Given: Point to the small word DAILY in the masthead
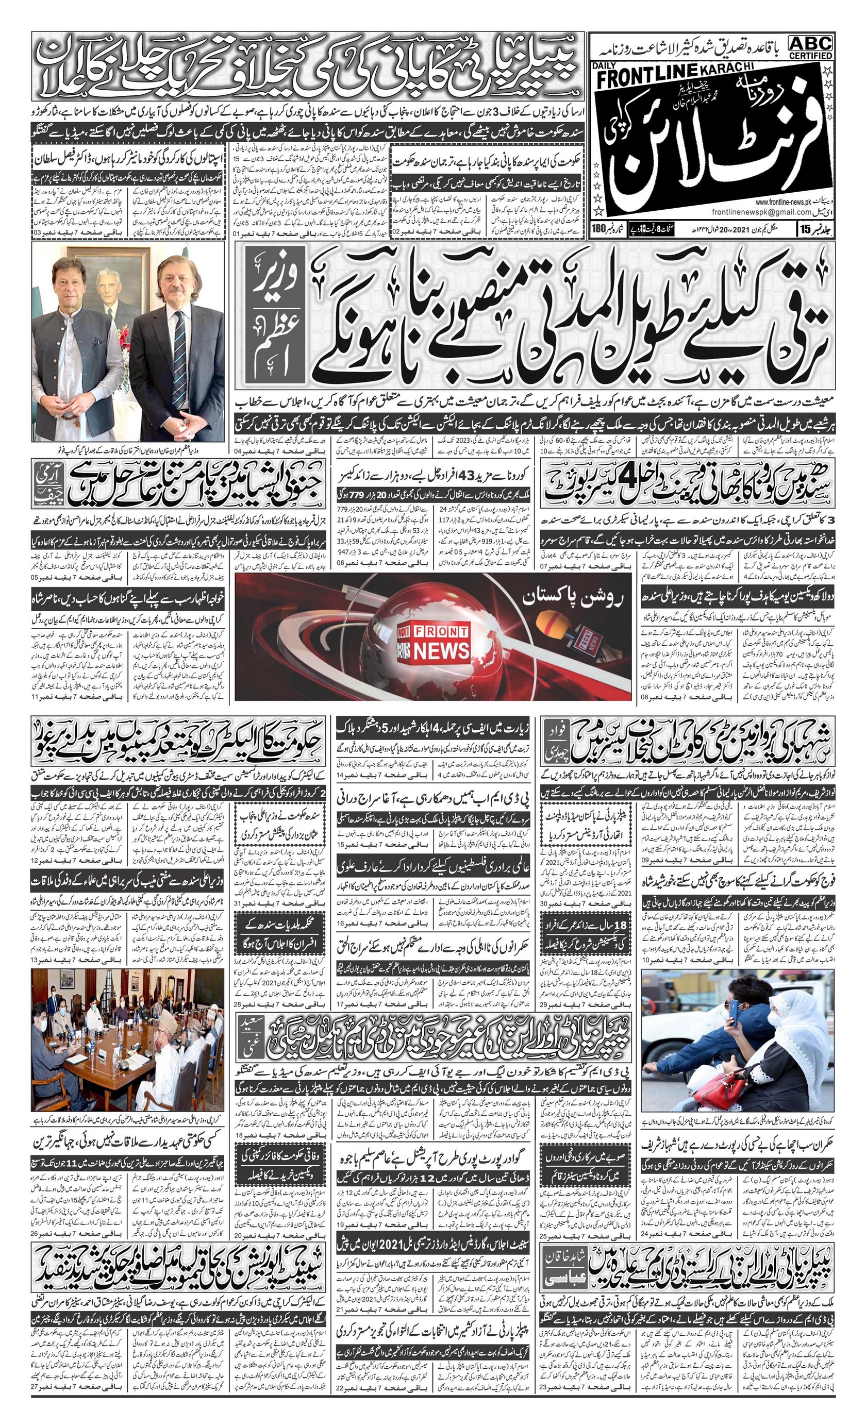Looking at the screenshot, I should click(605, 65).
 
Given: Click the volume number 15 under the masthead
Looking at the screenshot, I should click(814, 229).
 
